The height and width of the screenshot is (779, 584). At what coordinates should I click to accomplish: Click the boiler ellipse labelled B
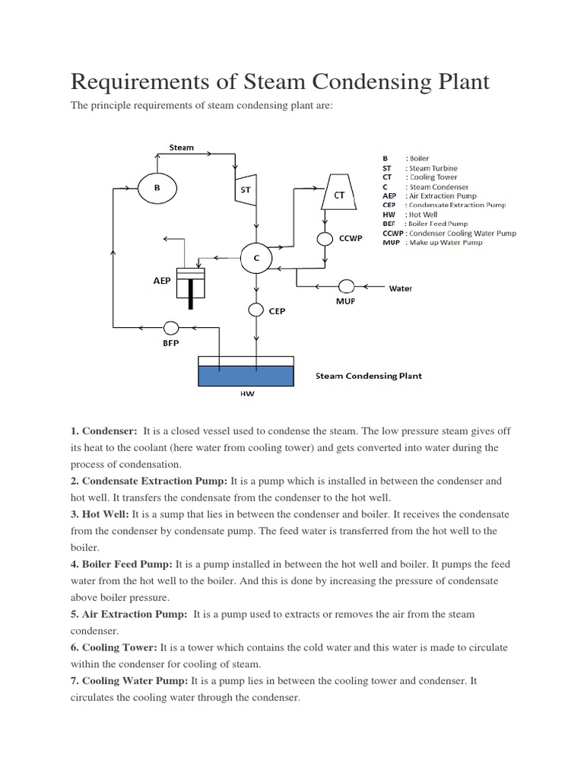click(157, 187)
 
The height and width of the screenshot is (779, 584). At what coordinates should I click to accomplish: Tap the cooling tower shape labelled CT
click(340, 195)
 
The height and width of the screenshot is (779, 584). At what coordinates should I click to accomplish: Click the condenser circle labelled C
click(256, 259)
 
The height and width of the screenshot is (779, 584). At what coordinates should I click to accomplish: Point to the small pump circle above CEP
click(256, 310)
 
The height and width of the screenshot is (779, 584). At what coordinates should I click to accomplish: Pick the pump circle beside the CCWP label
click(325, 239)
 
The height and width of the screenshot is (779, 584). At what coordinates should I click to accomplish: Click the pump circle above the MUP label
click(346, 286)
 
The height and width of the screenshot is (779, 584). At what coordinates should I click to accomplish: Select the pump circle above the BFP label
click(171, 328)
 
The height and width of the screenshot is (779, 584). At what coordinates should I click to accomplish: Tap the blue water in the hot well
click(245, 375)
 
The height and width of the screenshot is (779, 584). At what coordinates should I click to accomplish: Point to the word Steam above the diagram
click(181, 147)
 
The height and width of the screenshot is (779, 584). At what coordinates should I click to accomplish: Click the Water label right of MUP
click(401, 289)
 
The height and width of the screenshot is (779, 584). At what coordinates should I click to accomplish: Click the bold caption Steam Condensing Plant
click(369, 376)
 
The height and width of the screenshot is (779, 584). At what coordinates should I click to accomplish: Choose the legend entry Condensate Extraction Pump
click(455, 205)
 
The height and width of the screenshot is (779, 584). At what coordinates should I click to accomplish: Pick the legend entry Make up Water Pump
click(444, 242)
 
